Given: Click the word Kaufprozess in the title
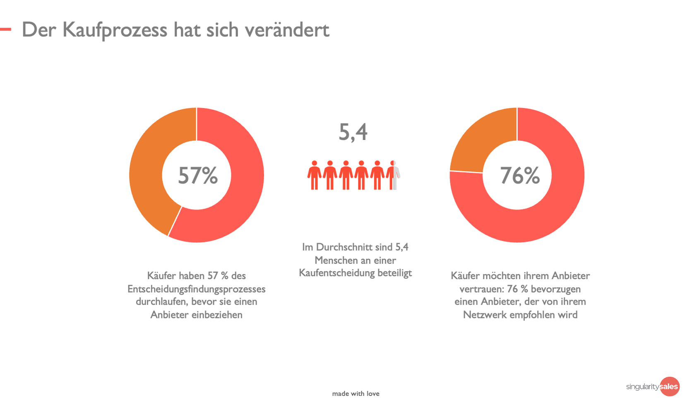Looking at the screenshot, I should [115, 30].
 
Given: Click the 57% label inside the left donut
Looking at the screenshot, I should [198, 176].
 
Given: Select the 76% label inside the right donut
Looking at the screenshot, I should [520, 176].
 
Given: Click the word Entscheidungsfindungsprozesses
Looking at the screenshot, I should [197, 289].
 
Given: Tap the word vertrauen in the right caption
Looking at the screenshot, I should [481, 289].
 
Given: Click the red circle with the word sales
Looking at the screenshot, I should [669, 386].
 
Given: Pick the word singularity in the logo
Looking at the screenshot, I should [642, 387].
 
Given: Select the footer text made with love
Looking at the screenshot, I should [356, 393].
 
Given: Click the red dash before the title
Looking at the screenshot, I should [5, 29].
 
